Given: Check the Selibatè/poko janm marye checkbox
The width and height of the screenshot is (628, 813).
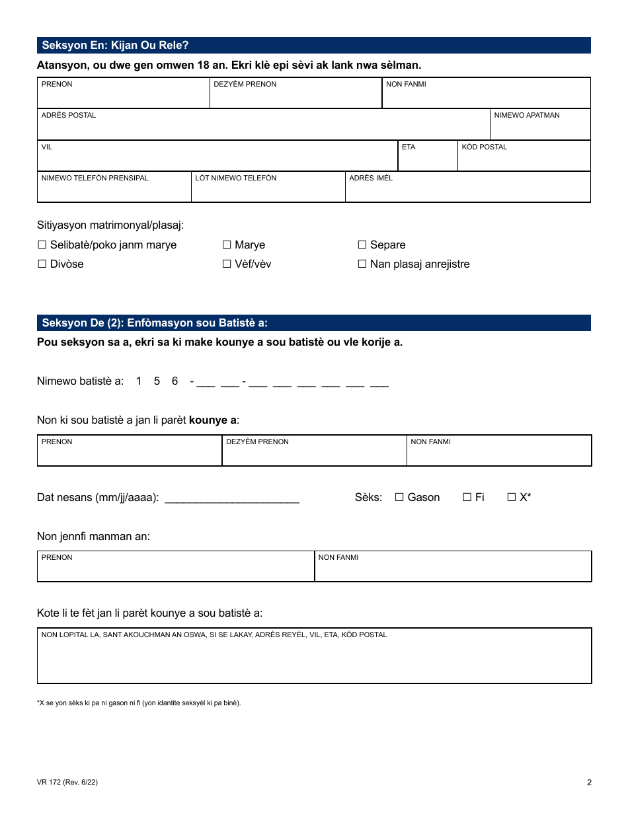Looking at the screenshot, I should point(42,245).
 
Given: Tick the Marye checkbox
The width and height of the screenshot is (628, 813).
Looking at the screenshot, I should point(227,245).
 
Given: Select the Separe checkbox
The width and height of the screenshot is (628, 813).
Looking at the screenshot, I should point(362,245).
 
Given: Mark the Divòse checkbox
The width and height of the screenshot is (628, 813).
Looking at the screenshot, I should point(42,264).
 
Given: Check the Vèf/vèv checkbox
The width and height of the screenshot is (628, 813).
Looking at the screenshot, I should point(227,264).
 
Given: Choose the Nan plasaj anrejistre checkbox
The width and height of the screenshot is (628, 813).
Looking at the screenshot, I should point(362,264).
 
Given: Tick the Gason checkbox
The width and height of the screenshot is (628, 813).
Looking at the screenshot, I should point(399,498).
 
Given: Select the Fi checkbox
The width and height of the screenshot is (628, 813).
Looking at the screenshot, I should point(467,498).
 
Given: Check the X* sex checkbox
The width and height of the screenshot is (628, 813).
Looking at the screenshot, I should point(511,498).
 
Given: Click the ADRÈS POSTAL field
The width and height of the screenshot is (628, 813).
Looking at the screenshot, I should point(263,128).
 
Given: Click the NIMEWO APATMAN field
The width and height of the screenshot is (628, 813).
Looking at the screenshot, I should point(540,128).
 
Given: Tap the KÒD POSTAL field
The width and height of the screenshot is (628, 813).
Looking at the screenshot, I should point(524,160).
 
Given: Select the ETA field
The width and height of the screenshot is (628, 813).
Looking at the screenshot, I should point(427,160).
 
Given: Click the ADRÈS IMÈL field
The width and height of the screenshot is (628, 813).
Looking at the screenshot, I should point(467,190).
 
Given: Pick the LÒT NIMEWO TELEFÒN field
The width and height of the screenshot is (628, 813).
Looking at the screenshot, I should point(268,190).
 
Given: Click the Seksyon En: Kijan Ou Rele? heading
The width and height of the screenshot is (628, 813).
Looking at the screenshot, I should point(116,46).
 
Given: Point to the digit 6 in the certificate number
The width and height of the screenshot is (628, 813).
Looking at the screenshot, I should point(175,381).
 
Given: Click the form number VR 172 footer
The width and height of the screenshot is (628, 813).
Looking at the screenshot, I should point(67,783).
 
